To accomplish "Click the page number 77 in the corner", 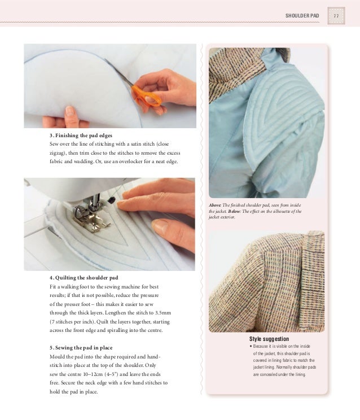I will click(336, 15).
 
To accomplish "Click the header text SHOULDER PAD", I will click(303, 15).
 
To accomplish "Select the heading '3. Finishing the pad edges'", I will click(81, 136).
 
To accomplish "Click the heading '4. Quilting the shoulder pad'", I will click(84, 278).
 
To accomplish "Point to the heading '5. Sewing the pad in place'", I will click(82, 348).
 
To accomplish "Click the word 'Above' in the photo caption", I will click(216, 205).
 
